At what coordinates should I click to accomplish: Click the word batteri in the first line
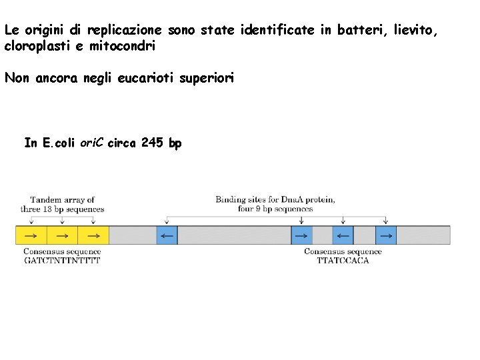click(359, 30)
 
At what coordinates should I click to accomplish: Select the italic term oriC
click(92, 143)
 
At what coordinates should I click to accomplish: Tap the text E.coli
click(59, 143)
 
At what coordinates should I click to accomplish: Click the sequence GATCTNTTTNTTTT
click(62, 261)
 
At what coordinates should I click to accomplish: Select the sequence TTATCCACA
click(343, 261)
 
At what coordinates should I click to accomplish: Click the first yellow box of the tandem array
click(31, 235)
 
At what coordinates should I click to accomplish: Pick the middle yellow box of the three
click(62, 235)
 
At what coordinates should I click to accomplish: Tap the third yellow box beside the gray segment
click(93, 235)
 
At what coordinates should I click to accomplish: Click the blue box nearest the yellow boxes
click(167, 235)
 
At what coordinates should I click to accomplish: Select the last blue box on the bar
click(386, 235)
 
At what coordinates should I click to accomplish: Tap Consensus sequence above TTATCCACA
click(343, 251)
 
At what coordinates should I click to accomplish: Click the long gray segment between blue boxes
click(234, 235)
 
